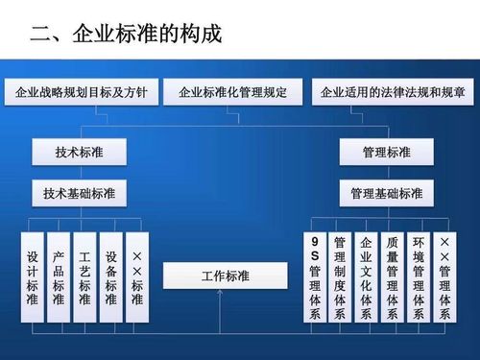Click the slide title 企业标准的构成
pyautogui.click(x=126, y=36)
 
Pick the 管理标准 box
pyautogui.click(x=386, y=153)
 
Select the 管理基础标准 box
pyautogui.click(x=386, y=193)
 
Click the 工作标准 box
pyautogui.click(x=225, y=276)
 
